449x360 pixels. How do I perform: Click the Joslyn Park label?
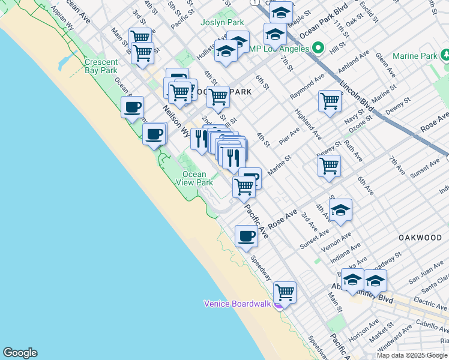(223, 22)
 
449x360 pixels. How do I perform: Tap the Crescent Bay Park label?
(101, 66)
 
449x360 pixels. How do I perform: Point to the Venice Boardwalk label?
(238, 304)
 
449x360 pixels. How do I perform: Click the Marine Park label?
(415, 56)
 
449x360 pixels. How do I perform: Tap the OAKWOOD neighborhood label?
(420, 238)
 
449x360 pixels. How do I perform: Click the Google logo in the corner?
(20, 353)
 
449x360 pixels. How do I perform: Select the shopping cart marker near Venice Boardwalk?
(285, 293)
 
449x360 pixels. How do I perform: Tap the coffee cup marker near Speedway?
(246, 236)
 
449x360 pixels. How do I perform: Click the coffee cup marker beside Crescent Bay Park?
(132, 108)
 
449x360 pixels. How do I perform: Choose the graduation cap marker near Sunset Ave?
(340, 210)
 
